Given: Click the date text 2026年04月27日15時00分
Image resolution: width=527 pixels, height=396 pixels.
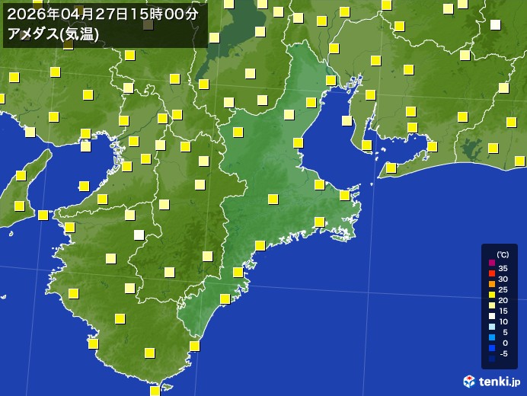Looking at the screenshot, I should pyautogui.click(x=101, y=14).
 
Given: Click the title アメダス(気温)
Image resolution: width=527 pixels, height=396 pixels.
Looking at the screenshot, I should pyautogui.click(x=52, y=34).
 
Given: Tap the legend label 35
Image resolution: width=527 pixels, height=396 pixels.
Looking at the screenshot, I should pyautogui.click(x=503, y=268).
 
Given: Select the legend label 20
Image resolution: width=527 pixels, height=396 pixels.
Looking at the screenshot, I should pyautogui.click(x=503, y=300).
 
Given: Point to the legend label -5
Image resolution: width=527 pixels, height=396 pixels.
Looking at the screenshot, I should pyautogui.click(x=503, y=353).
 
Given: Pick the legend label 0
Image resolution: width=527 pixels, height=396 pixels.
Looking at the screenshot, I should pyautogui.click(x=503, y=343).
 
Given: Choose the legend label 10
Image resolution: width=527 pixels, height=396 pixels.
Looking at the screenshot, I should pyautogui.click(x=503, y=321).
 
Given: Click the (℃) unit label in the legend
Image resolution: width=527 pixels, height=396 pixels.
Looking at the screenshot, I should pyautogui.click(x=503, y=255).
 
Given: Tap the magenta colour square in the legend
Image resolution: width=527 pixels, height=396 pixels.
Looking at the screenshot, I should pyautogui.click(x=491, y=263).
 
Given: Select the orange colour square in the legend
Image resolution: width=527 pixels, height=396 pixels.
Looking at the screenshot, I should pyautogui.click(x=491, y=284).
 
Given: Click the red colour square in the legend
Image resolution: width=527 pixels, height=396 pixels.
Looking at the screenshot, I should pyautogui.click(x=491, y=273).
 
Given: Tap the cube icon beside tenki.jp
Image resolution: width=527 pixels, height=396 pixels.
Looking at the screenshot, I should pyautogui.click(x=469, y=380).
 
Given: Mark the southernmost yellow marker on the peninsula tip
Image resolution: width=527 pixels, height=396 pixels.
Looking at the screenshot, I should pyautogui.click(x=155, y=391).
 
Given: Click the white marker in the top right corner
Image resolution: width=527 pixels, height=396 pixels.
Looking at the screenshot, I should pyautogui.click(x=495, y=24).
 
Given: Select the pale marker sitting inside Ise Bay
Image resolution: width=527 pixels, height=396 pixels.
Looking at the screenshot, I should pyautogui.click(x=347, y=120).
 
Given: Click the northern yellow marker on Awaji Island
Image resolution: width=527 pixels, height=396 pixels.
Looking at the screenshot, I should pyautogui.click(x=21, y=176).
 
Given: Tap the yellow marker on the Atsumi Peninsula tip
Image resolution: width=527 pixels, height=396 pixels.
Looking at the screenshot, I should pyautogui.click(x=391, y=168).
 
